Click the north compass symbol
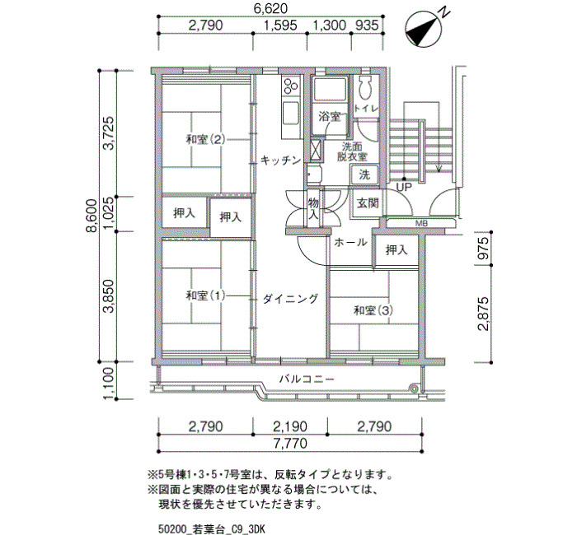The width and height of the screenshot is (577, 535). click(x=423, y=29)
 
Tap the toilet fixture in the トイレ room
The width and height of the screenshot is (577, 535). click(x=365, y=87)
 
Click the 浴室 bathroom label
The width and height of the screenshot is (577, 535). click(x=330, y=117)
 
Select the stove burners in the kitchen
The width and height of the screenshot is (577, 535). click(x=291, y=86)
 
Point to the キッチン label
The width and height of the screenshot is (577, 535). click(x=281, y=160)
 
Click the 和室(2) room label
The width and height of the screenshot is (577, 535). click(x=205, y=140)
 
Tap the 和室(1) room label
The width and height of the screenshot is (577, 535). click(x=205, y=295)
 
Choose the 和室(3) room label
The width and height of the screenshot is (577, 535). click(x=373, y=311)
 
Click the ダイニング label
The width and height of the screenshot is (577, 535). click(x=290, y=299)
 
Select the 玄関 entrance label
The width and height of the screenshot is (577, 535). click(x=368, y=202)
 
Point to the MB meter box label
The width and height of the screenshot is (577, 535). click(x=421, y=223)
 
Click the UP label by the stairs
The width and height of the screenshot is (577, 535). click(x=404, y=188)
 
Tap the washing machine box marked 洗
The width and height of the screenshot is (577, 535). click(x=364, y=174)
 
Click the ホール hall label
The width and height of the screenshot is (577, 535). click(x=350, y=242)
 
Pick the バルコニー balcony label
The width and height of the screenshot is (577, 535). click(x=307, y=379)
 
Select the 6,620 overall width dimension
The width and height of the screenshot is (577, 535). click(x=271, y=8)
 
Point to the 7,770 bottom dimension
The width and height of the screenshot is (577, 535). click(x=290, y=443)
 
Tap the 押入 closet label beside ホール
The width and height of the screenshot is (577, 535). click(x=396, y=250)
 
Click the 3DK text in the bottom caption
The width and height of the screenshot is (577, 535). click(x=256, y=529)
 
